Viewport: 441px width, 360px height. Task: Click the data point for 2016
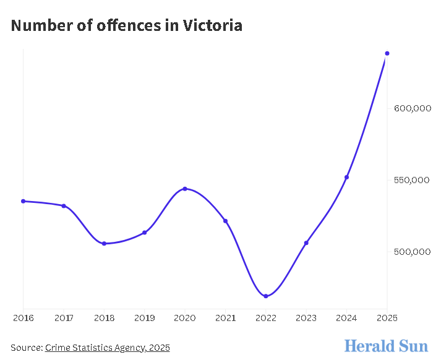[24, 201]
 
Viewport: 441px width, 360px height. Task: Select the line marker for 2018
[104, 244]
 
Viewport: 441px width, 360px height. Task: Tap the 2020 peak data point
[185, 189]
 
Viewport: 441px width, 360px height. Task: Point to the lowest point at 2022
[266, 296]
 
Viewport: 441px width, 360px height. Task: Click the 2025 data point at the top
[387, 53]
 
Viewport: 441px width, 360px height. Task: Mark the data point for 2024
[346, 178]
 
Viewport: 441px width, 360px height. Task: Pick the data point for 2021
[225, 221]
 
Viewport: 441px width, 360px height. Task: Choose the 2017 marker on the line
[64, 205]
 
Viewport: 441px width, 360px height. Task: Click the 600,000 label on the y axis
[412, 109]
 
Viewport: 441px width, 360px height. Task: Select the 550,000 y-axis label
[412, 181]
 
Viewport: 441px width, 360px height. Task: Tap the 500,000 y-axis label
[412, 252]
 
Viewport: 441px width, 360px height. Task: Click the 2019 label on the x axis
[144, 318]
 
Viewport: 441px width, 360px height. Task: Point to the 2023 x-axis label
[306, 318]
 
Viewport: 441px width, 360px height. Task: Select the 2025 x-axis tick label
[387, 318]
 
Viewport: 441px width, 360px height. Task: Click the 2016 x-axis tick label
[24, 318]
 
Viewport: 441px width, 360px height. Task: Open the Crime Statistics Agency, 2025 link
[107, 348]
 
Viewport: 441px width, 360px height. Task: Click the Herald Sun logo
[387, 345]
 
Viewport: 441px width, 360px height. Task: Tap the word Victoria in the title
[212, 25]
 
